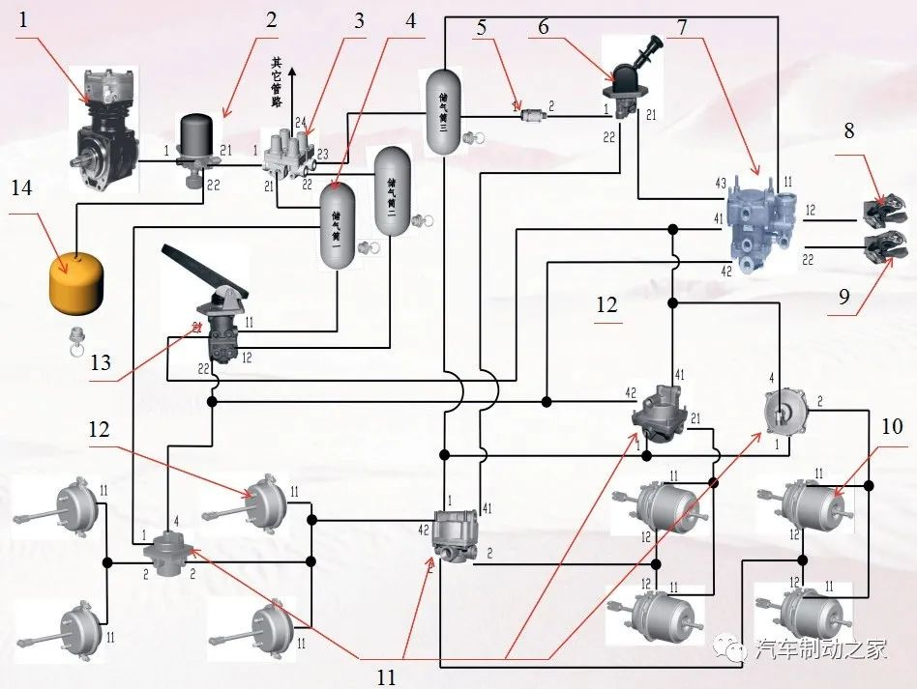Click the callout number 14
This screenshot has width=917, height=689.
(x=21, y=187)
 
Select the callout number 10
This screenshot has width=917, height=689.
(x=892, y=425)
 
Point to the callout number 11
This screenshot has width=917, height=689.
(x=386, y=677)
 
